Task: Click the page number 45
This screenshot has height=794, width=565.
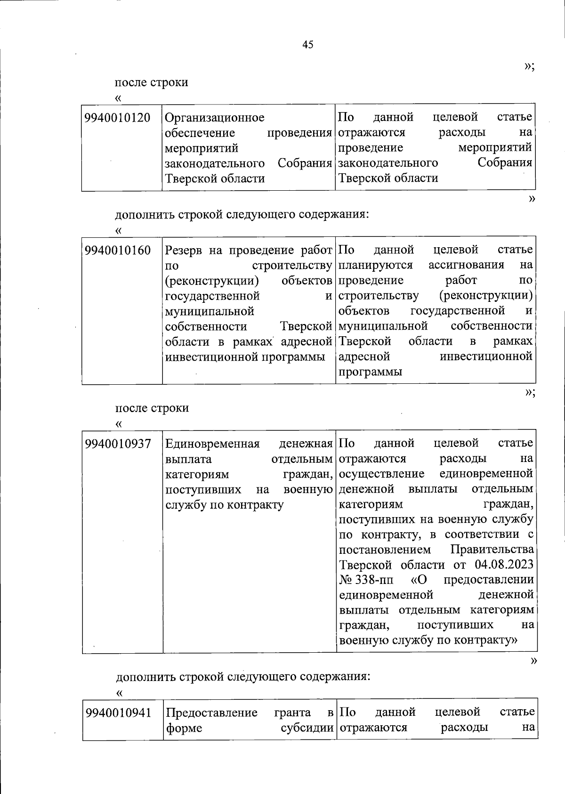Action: (x=307, y=45)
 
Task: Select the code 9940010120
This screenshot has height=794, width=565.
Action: (x=118, y=117)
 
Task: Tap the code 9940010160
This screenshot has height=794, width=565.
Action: (x=118, y=250)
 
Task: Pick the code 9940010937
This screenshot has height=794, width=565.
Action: (x=118, y=444)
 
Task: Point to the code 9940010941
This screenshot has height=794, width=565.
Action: (x=119, y=713)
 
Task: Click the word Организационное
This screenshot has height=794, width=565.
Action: (x=215, y=118)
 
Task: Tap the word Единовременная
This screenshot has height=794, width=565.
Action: (x=212, y=444)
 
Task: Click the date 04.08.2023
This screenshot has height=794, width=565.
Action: (x=504, y=564)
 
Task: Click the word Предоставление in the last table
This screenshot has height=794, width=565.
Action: (x=211, y=713)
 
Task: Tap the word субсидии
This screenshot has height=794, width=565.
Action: (x=307, y=728)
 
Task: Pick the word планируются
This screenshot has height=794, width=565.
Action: (x=376, y=265)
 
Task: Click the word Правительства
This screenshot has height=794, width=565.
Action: (x=492, y=549)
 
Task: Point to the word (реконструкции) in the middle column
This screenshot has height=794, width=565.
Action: (x=212, y=281)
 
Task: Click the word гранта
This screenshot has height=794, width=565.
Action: (x=292, y=713)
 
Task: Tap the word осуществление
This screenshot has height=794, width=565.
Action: (x=381, y=473)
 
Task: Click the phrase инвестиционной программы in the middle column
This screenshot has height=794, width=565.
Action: (x=245, y=357)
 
